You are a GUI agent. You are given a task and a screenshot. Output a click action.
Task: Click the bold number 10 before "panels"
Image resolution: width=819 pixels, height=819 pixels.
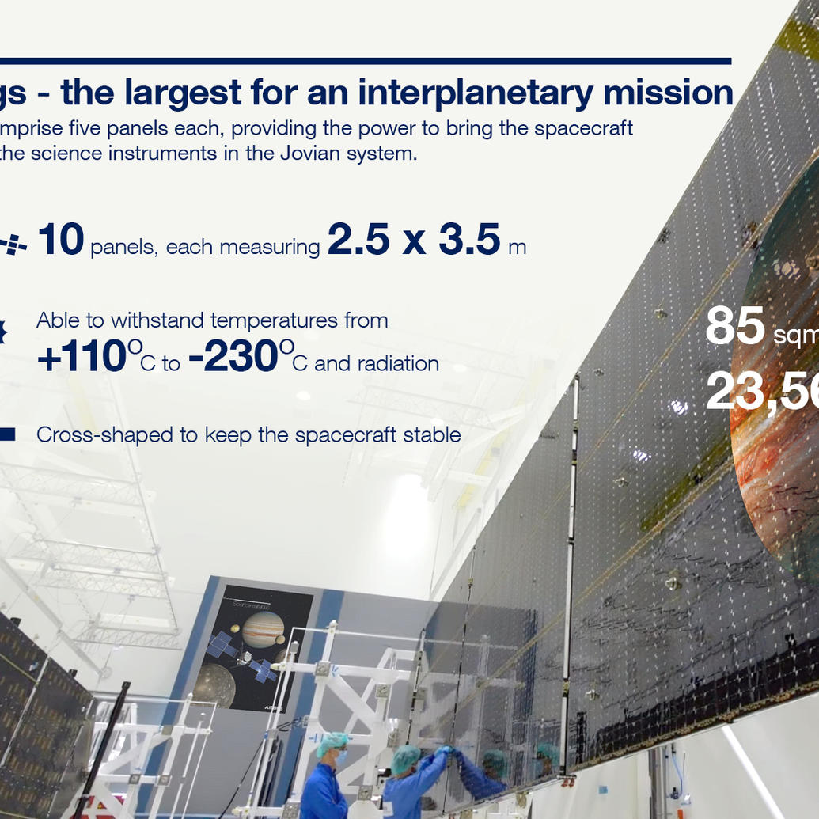(x=60, y=241)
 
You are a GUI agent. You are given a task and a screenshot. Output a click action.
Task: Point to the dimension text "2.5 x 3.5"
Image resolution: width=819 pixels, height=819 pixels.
(x=413, y=241)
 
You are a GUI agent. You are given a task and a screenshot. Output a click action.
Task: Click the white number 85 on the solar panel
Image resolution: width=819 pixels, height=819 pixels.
(x=734, y=326)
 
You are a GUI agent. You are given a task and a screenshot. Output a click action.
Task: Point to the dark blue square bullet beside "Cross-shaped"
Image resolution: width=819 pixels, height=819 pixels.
(x=7, y=434)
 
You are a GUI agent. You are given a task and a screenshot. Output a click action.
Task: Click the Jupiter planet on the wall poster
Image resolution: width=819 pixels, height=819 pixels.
(x=264, y=629)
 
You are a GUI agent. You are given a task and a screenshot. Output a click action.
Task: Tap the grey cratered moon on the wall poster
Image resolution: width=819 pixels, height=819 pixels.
(x=214, y=685)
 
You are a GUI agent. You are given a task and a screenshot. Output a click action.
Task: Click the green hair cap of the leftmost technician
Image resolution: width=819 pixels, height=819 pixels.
(x=332, y=742)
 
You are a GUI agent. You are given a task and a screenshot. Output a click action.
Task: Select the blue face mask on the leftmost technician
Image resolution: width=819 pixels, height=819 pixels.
(x=340, y=758)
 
